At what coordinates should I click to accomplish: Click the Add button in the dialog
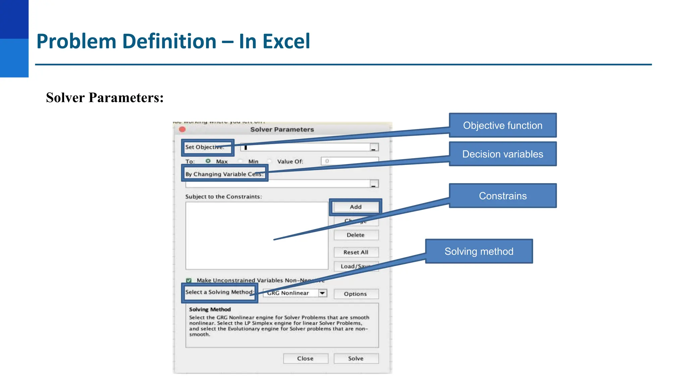356,207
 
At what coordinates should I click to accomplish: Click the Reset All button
356,252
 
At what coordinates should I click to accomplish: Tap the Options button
356,294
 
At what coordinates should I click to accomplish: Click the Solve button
356,358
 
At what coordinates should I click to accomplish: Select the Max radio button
208,161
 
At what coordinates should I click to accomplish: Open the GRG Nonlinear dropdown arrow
322,293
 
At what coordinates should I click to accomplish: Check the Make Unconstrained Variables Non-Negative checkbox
189,280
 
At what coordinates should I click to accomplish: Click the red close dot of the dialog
182,129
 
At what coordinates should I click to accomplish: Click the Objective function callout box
503,125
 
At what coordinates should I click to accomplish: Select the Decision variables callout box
503,154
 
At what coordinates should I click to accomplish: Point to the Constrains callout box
503,196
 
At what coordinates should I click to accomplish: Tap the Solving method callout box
479,251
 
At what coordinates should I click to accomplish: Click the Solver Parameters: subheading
105,98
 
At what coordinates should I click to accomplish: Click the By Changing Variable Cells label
224,174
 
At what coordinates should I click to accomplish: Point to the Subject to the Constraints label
223,197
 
